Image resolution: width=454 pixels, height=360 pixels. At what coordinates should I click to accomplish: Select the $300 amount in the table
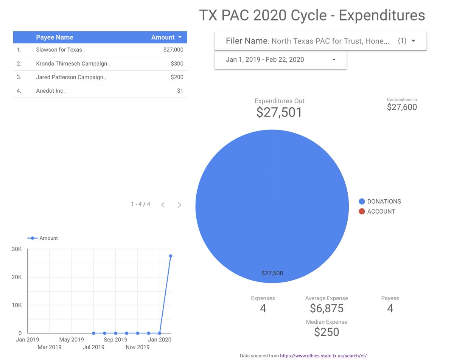pyautogui.click(x=177, y=64)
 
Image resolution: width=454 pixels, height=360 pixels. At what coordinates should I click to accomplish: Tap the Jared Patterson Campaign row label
pyautogui.click(x=70, y=77)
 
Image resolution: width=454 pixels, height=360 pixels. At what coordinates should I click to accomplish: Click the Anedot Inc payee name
pyautogui.click(x=50, y=91)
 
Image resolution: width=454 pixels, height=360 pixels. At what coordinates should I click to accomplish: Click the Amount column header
pyautogui.click(x=163, y=37)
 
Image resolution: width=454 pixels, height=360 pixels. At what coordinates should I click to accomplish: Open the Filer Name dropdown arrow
pyautogui.click(x=413, y=41)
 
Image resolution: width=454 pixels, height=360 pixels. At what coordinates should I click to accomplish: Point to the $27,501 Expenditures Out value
pyautogui.click(x=279, y=112)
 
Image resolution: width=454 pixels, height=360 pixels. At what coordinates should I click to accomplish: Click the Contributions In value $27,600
pyautogui.click(x=402, y=107)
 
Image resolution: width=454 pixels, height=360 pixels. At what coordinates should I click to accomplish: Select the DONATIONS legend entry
pyautogui.click(x=384, y=202)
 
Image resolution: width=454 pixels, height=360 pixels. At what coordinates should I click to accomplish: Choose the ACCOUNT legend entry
pyautogui.click(x=381, y=211)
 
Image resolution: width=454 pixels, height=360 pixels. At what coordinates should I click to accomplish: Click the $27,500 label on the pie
pyautogui.click(x=272, y=273)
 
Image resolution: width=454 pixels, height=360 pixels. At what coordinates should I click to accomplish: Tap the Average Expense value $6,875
pyautogui.click(x=327, y=309)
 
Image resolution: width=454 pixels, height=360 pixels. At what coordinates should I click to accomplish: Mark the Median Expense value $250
pyautogui.click(x=327, y=332)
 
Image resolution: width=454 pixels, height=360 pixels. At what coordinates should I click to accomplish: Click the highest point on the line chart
pyautogui.click(x=171, y=256)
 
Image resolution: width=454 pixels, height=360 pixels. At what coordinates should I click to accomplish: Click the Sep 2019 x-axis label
pyautogui.click(x=116, y=340)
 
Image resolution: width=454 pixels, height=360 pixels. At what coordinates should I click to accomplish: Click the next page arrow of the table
pyautogui.click(x=179, y=205)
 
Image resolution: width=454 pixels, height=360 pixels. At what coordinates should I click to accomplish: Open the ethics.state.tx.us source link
pyautogui.click(x=323, y=356)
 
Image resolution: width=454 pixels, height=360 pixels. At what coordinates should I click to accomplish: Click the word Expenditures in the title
pyautogui.click(x=381, y=16)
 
